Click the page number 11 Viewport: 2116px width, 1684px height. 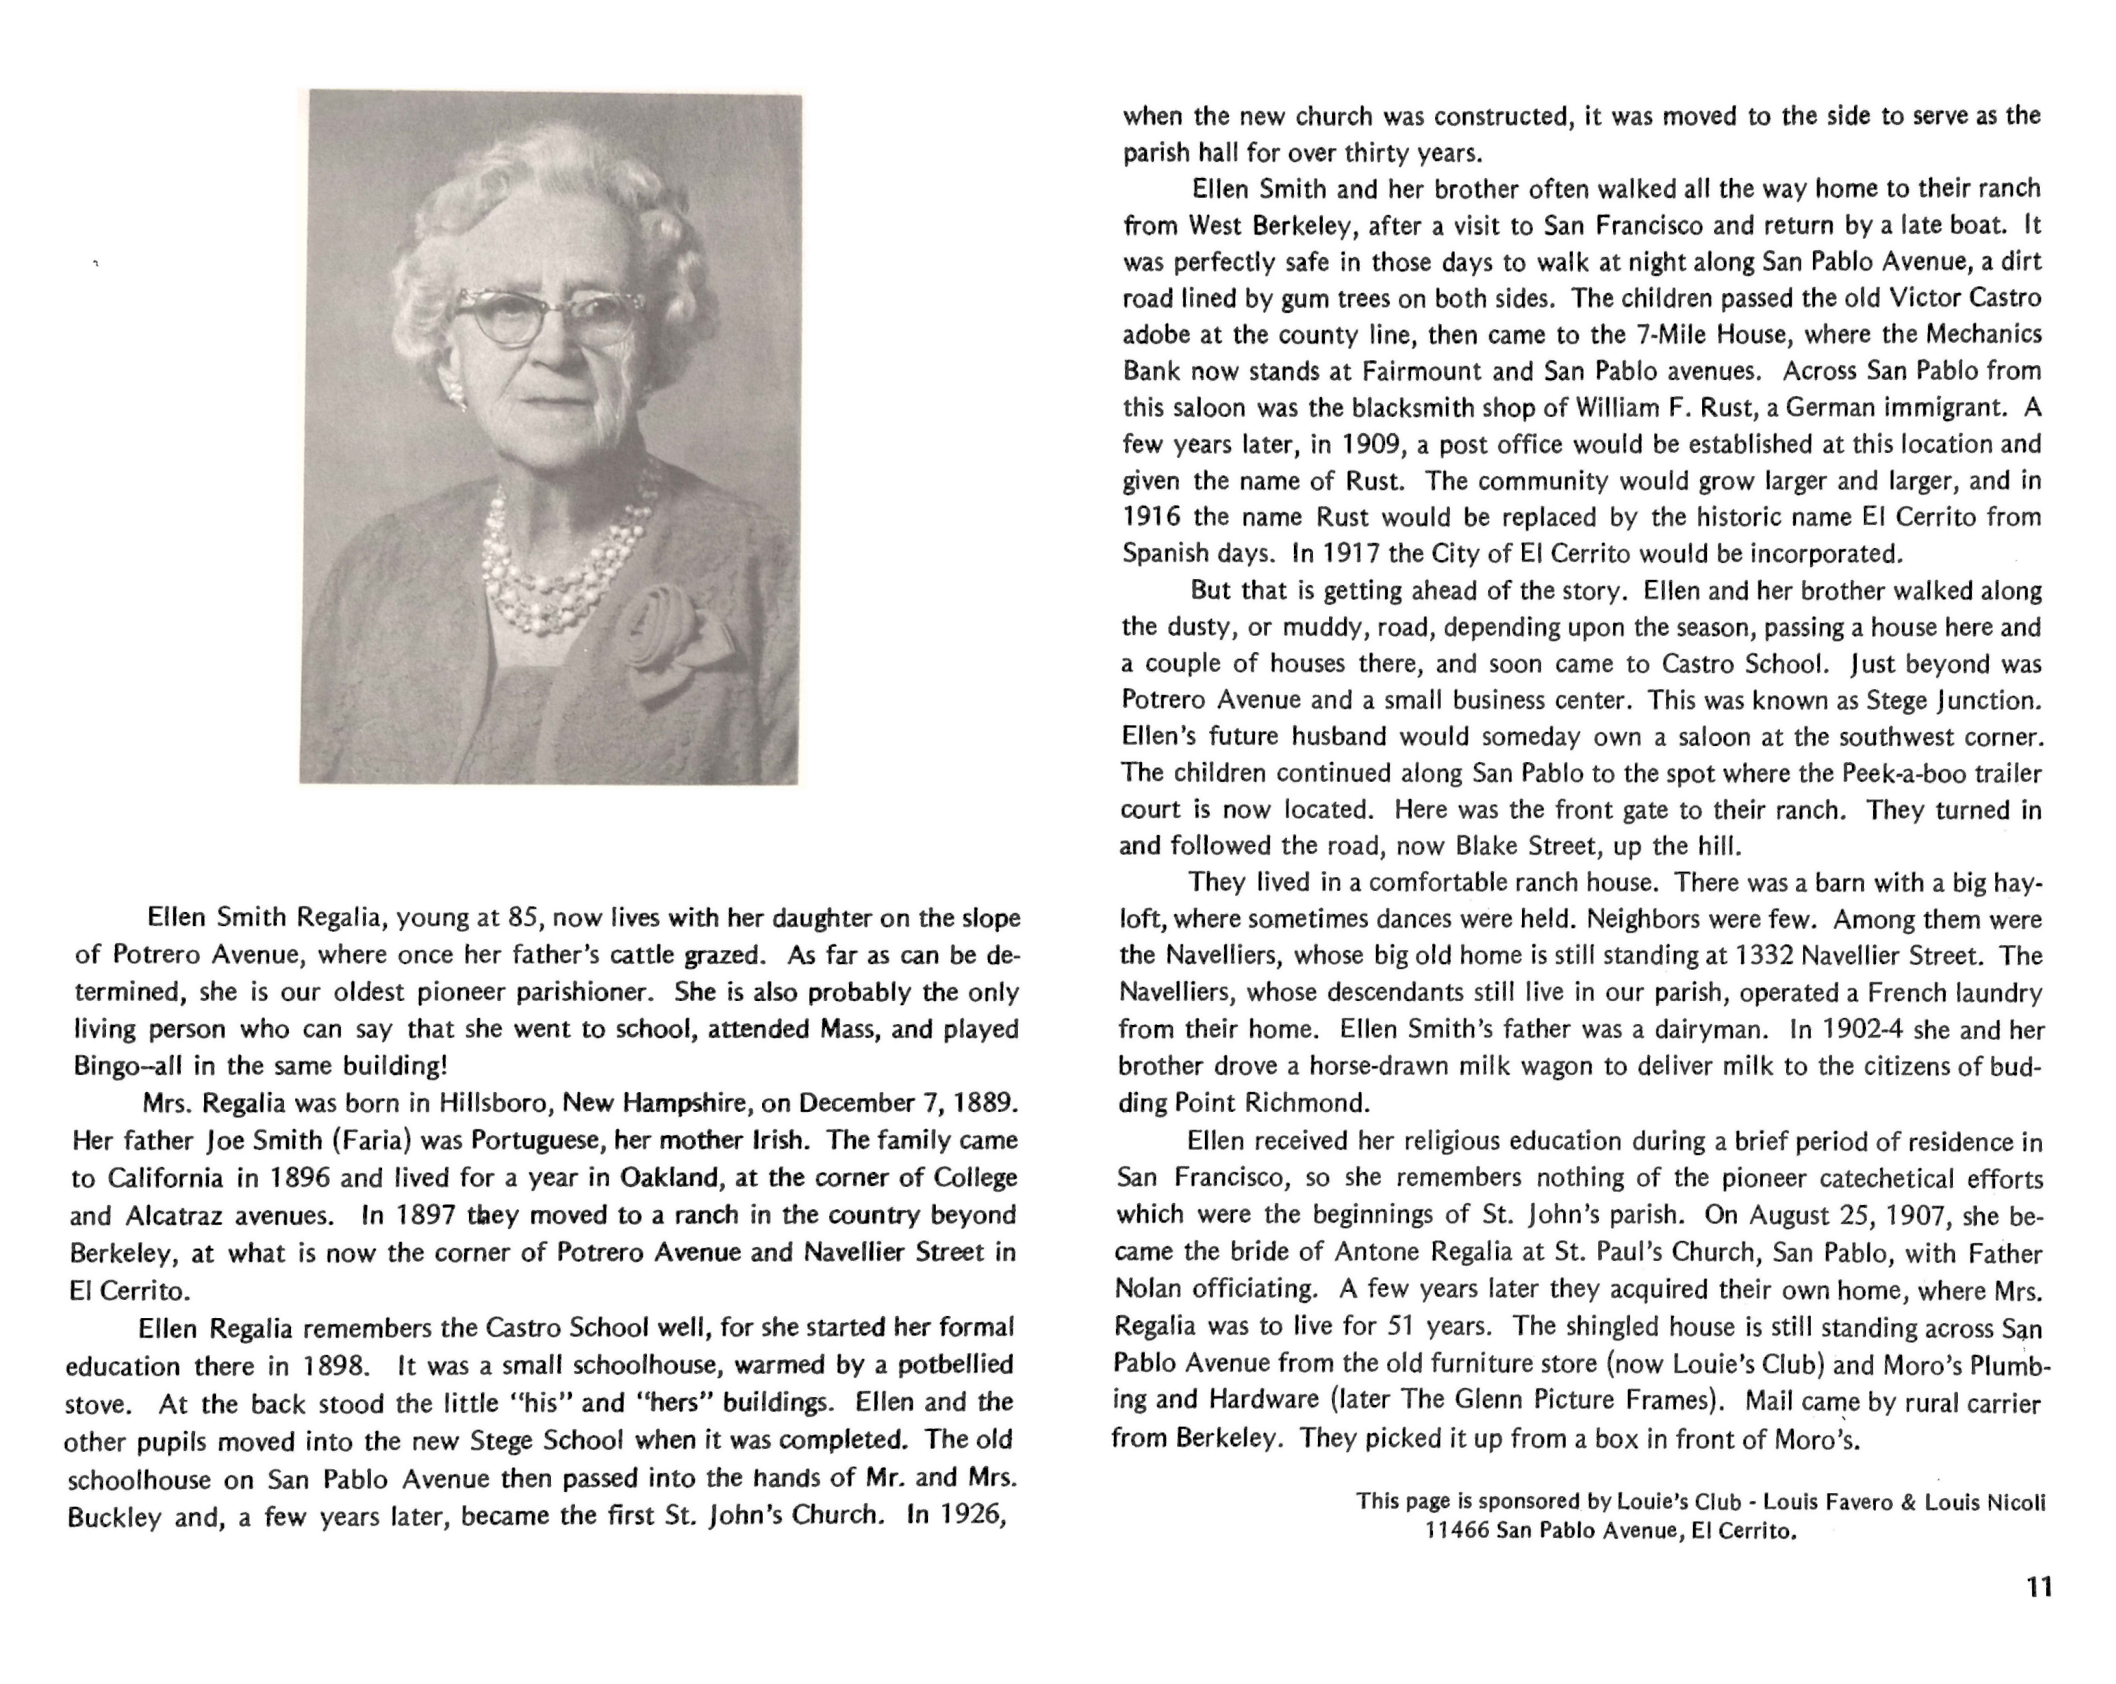click(2038, 1587)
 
